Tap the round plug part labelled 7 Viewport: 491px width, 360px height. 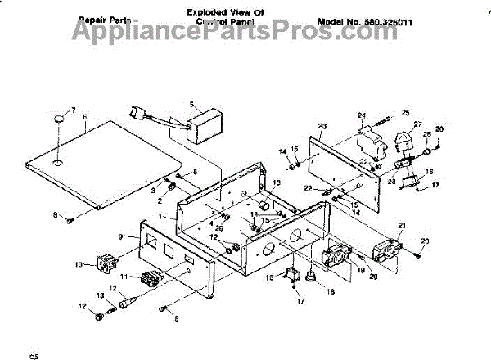click(x=60, y=120)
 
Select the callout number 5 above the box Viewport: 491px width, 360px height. click(x=191, y=104)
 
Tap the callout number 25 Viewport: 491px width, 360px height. click(x=404, y=112)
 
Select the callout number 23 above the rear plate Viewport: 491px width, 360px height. click(x=322, y=126)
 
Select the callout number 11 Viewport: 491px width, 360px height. click(x=123, y=277)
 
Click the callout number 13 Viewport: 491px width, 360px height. click(x=101, y=295)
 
